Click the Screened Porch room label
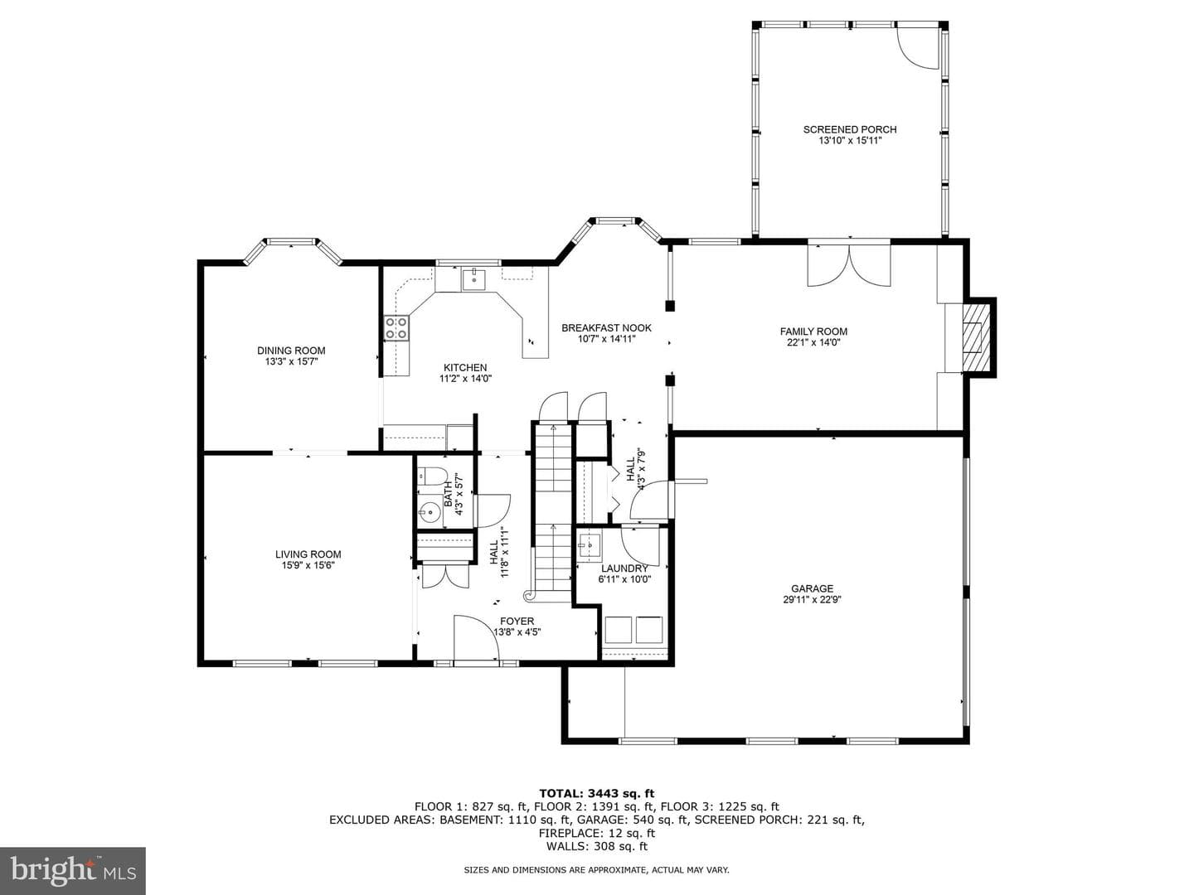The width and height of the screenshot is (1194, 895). click(x=850, y=129)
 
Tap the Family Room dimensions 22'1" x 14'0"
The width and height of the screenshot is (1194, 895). click(x=813, y=342)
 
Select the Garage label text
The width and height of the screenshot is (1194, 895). click(x=812, y=588)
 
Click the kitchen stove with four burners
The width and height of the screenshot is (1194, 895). click(x=396, y=327)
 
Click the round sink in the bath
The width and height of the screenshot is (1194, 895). click(x=430, y=510)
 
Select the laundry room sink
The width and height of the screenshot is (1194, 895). click(x=589, y=545)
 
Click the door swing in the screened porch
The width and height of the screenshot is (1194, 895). click(x=918, y=48)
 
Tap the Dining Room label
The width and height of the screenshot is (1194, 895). click(x=291, y=351)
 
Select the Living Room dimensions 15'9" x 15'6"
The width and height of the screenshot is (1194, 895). click(x=308, y=565)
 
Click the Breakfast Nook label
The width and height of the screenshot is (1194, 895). click(x=606, y=327)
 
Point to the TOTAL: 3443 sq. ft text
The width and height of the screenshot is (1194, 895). click(x=597, y=793)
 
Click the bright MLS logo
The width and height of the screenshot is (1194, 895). click(x=73, y=870)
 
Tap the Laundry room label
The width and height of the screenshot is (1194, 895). click(x=624, y=568)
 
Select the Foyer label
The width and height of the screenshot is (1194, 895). click(x=517, y=622)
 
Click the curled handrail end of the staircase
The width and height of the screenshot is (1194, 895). click(x=528, y=596)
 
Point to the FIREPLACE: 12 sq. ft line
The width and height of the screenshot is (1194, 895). click(x=597, y=833)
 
